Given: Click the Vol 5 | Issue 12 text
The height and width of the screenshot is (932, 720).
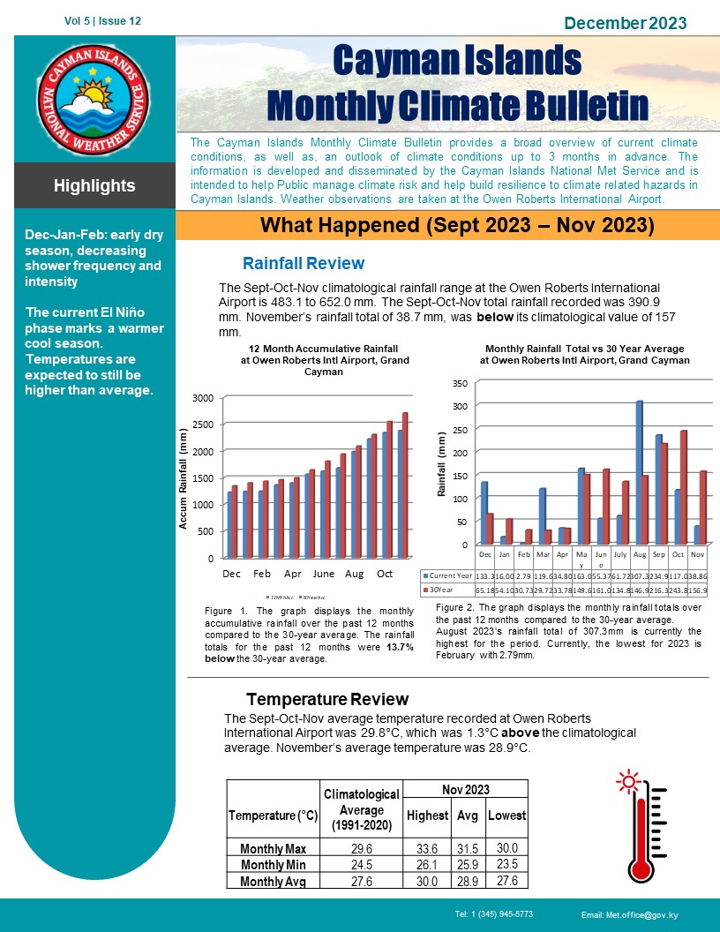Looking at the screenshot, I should [x=102, y=20].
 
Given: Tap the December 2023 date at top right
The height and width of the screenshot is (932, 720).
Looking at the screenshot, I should [x=625, y=23].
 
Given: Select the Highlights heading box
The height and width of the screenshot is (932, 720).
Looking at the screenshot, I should [x=94, y=186].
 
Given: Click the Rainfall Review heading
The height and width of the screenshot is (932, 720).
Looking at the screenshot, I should [x=303, y=263].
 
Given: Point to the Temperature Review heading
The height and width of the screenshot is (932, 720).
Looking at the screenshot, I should [x=327, y=700].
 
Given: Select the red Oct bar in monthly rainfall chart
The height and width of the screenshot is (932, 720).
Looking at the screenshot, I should [x=684, y=486].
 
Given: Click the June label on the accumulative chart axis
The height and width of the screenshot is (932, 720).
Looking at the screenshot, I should [x=323, y=573].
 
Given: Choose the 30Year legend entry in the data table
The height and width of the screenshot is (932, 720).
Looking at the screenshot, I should [x=440, y=589].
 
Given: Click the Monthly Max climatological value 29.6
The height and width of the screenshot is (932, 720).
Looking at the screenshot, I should [x=361, y=848].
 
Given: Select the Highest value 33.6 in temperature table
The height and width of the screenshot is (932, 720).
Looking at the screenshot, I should [x=426, y=848].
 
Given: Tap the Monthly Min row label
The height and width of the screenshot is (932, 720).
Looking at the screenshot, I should [x=273, y=864].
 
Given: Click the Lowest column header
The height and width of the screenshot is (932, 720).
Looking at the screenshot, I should [x=506, y=815].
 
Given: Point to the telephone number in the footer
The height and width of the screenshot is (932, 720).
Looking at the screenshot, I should [x=494, y=914].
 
